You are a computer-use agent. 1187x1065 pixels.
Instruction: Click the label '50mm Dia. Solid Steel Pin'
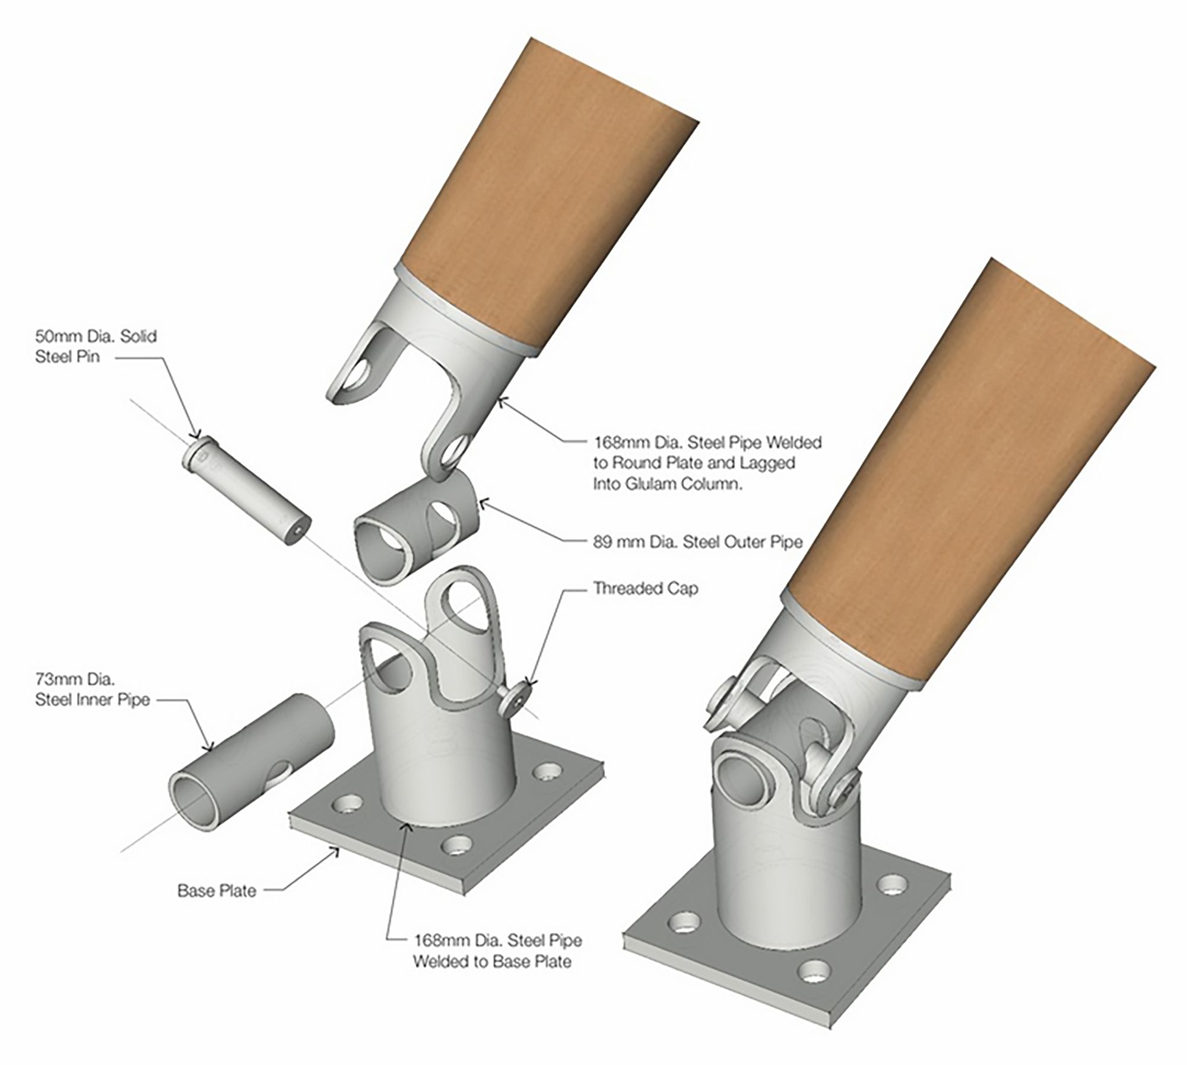pos(96,346)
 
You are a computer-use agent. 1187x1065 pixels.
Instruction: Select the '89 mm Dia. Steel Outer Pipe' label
pos(698,541)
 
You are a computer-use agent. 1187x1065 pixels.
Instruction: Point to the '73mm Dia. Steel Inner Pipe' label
pos(92,689)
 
